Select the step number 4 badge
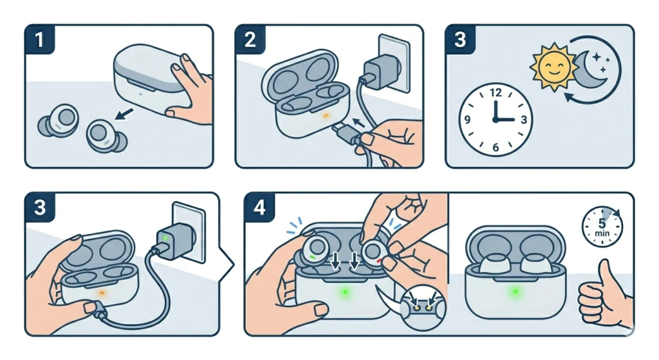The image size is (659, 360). pos(259,207)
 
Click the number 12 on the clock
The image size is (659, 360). pos(495,93)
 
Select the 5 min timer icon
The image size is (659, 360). pos(602,226)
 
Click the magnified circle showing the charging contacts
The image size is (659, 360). pos(421,307)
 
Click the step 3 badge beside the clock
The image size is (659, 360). pos(460,41)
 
